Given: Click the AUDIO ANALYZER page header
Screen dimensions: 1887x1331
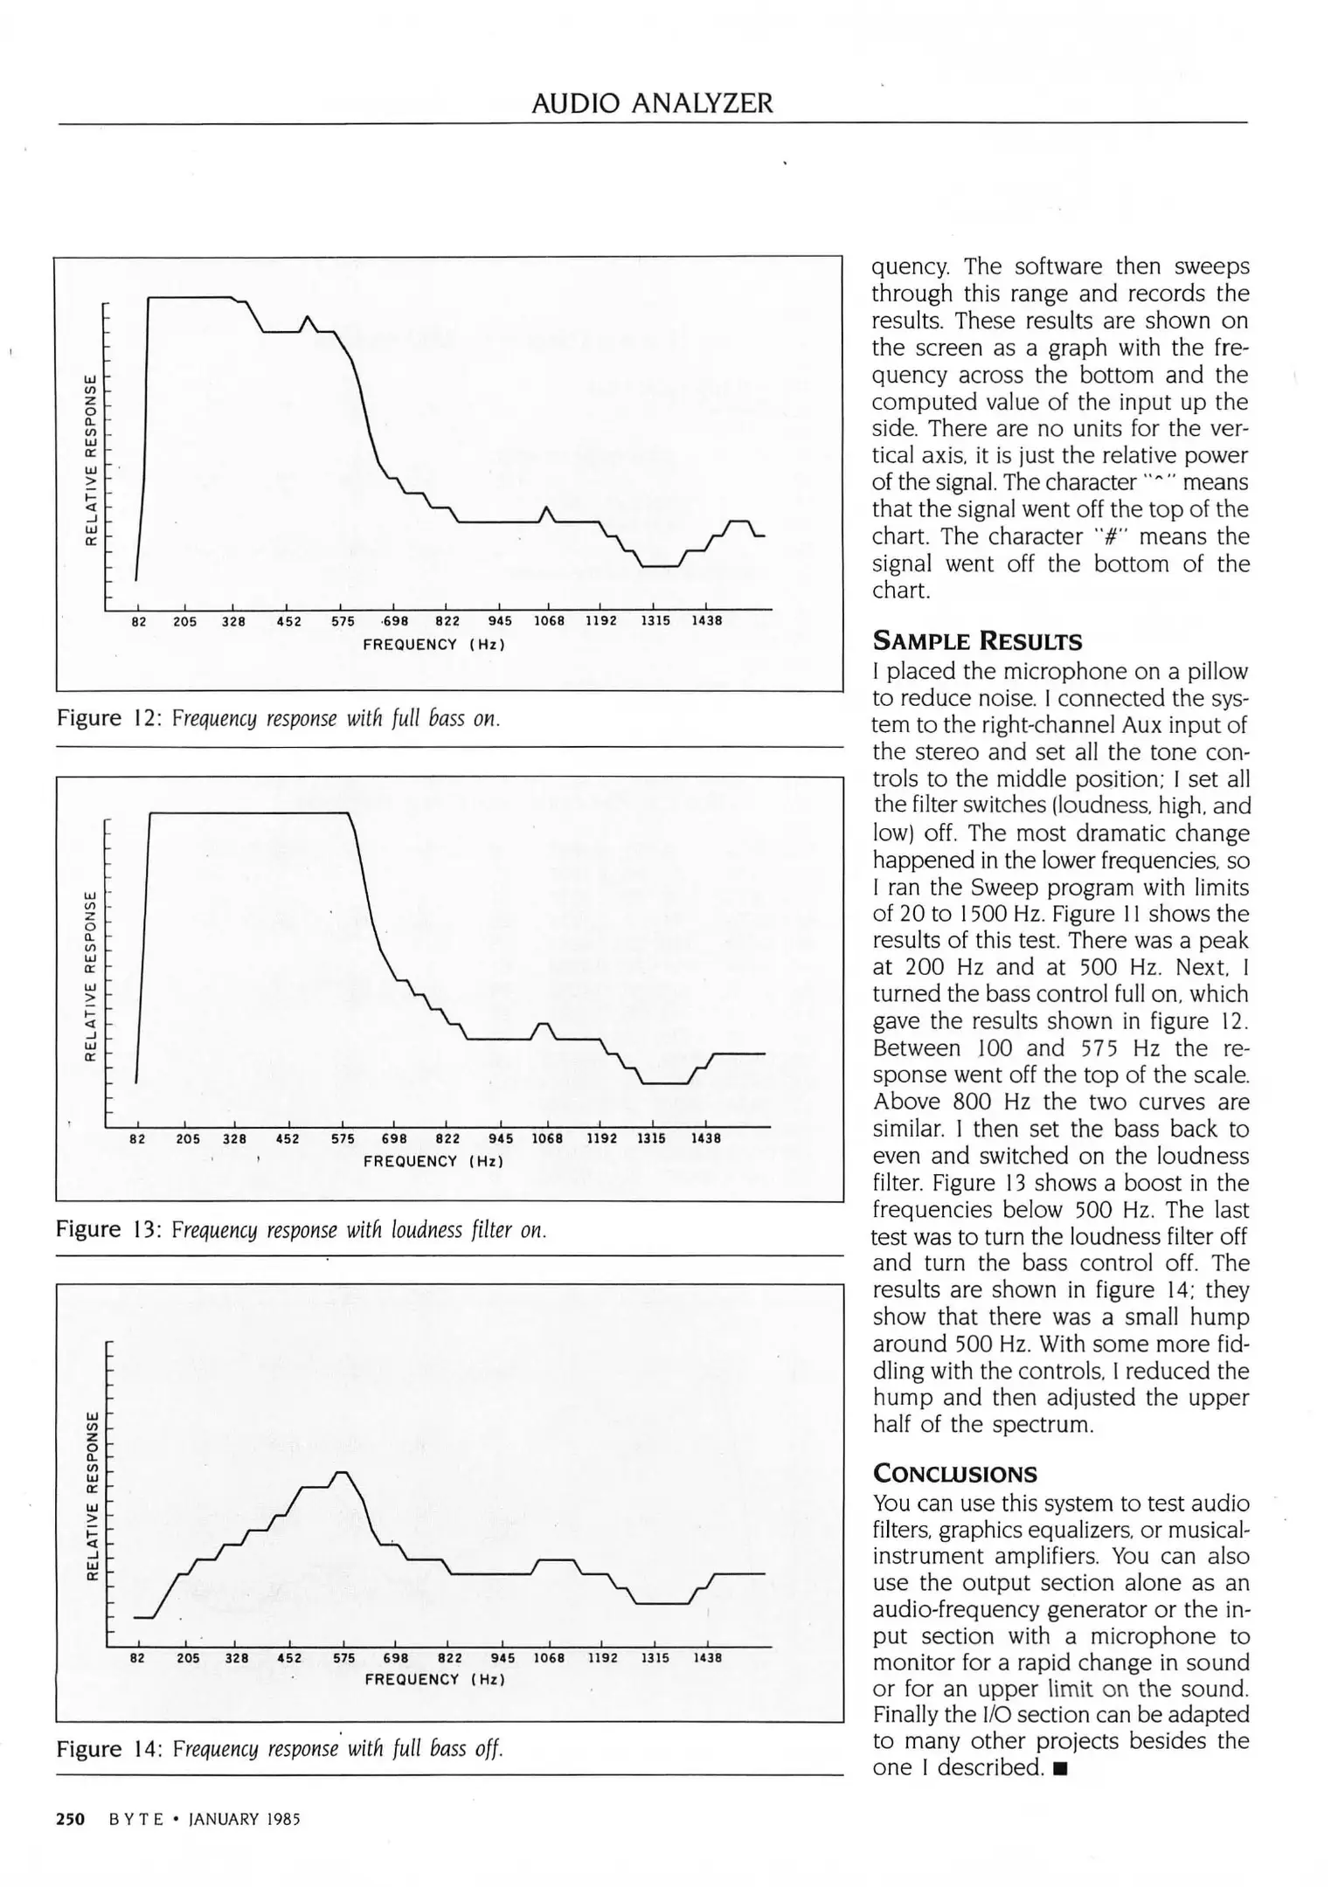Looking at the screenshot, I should pos(652,104).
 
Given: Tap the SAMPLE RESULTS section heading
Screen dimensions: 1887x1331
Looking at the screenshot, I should pos(977,642).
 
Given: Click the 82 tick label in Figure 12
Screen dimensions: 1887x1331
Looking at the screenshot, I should pos(138,622).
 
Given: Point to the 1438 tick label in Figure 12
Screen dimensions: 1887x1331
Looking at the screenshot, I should pos(706,622).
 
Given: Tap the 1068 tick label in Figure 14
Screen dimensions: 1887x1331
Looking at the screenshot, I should pos(549,1657).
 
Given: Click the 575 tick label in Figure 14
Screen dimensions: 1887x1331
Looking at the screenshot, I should pos(343,1657).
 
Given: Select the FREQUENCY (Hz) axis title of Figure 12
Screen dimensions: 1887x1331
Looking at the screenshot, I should pos(434,645).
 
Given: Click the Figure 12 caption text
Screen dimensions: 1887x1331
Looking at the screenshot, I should pos(278,719).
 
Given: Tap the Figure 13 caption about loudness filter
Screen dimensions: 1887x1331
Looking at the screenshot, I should pos(301,1230).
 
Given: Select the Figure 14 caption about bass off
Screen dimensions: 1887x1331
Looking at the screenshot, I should pos(280,1748).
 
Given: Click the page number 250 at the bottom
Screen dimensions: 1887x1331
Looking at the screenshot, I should pos(70,1819).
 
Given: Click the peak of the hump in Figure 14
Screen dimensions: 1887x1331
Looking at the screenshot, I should pos(343,1473).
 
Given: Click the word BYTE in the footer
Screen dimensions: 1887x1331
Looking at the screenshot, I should pos(135,1820).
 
